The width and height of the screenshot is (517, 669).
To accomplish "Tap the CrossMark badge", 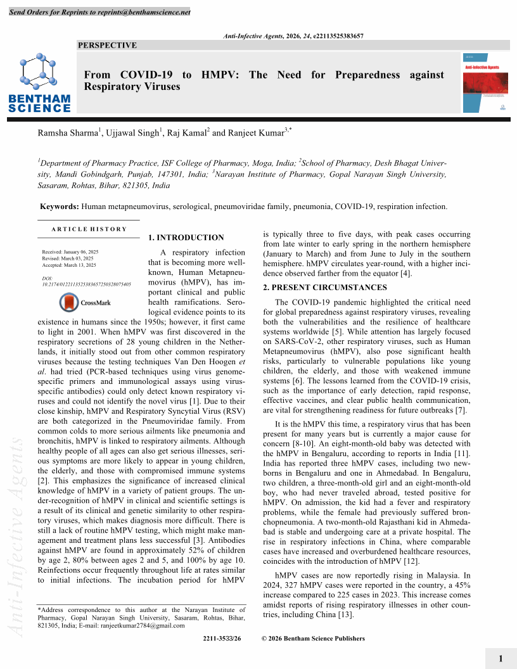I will click(x=85, y=303).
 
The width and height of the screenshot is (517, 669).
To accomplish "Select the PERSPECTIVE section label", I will click(x=107, y=46).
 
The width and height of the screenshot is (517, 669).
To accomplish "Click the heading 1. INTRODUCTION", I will click(x=186, y=238).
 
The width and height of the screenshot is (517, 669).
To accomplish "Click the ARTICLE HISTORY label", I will click(x=89, y=229).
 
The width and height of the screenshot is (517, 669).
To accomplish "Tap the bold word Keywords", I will click(x=59, y=207).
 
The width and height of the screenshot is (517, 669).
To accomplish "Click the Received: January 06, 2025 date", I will click(x=70, y=252).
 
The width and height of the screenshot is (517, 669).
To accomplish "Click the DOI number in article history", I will click(x=86, y=285).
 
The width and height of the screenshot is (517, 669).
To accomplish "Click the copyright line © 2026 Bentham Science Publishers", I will click(x=313, y=639).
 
